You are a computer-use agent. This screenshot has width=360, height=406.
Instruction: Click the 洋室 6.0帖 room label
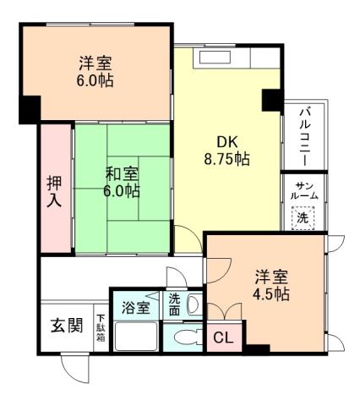click(x=96, y=72)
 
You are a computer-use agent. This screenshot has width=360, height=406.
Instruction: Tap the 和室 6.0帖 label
click(x=123, y=182)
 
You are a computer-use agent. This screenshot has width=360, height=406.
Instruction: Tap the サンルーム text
click(x=304, y=191)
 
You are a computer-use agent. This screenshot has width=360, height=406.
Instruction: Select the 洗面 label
click(x=174, y=304)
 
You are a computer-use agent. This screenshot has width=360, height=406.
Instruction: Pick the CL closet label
click(x=221, y=338)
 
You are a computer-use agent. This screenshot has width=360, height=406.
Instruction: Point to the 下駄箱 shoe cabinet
click(x=101, y=326)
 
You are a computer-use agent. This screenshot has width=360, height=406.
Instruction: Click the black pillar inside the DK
click(x=270, y=99)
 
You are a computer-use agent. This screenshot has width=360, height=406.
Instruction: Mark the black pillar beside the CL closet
click(x=255, y=348)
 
